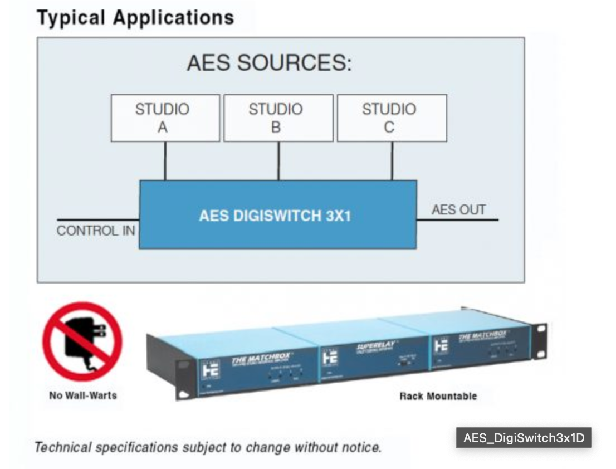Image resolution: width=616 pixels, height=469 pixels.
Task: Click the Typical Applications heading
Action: click(135, 17)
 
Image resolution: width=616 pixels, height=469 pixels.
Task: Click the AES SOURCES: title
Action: click(269, 63)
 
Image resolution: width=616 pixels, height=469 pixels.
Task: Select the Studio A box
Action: click(165, 118)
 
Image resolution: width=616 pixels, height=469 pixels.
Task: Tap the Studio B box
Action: click(278, 118)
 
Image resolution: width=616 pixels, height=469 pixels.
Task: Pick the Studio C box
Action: click(392, 118)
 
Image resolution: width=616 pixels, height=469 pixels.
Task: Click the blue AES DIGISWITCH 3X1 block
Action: click(277, 215)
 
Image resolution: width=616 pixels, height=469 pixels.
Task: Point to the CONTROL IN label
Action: click(96, 231)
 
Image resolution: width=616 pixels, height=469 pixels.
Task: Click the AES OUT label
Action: click(458, 210)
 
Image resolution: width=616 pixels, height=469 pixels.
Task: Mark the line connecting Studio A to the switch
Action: click(165, 161)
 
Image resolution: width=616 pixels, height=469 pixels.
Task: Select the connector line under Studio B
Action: click(278, 161)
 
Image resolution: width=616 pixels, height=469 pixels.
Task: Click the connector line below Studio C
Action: click(392, 161)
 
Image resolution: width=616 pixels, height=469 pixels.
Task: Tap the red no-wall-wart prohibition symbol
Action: click(82, 341)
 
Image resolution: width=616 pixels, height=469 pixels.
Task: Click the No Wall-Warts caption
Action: click(82, 395)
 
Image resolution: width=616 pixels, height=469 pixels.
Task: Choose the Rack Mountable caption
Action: click(438, 396)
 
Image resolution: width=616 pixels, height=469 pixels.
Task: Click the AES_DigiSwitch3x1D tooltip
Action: click(524, 438)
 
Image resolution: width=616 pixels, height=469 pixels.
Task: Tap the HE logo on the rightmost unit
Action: click(441, 345)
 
